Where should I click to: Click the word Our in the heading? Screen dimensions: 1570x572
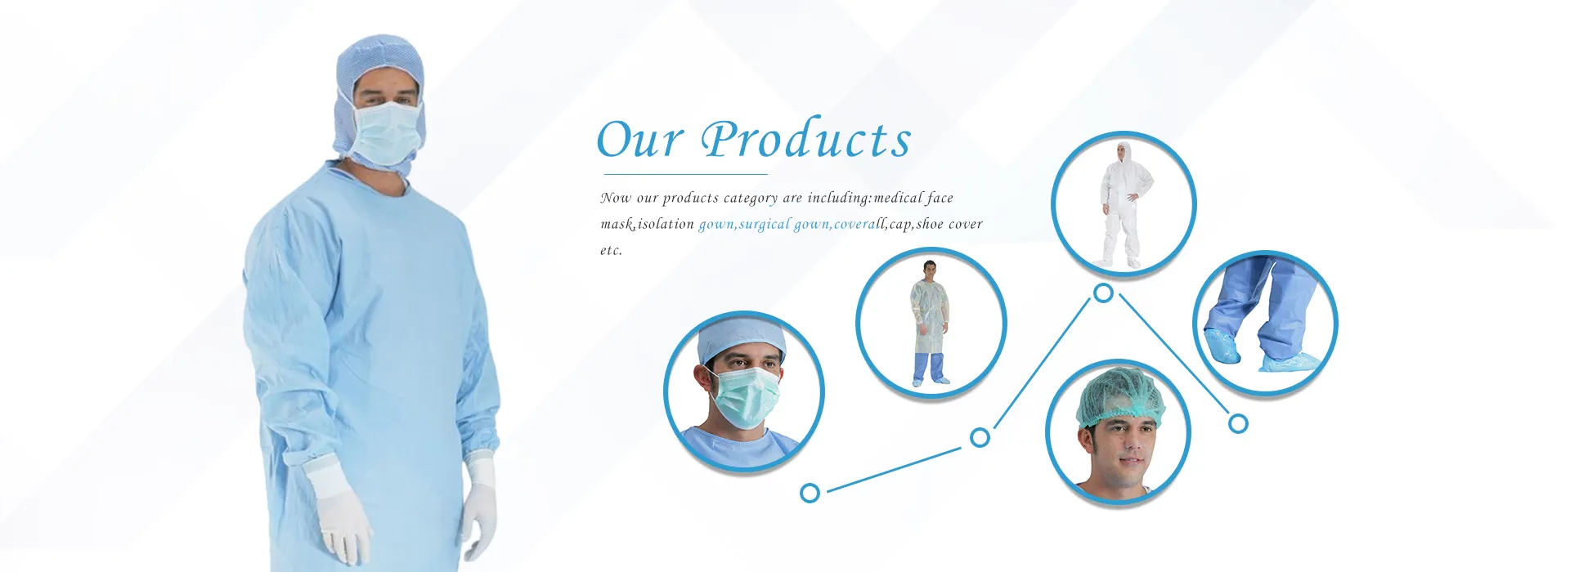coord(639,139)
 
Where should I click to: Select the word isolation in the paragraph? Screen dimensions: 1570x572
coord(666,224)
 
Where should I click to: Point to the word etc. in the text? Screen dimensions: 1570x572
coord(611,250)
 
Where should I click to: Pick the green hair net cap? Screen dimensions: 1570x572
coord(1119,397)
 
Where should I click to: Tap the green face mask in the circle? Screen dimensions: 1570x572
coord(742,396)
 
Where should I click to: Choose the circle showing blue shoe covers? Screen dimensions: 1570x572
coord(1265,324)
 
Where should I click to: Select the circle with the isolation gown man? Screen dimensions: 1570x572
coord(931,323)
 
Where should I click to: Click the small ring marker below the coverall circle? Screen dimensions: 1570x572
coord(1103,293)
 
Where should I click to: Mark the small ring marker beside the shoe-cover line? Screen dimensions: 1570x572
coord(1238,423)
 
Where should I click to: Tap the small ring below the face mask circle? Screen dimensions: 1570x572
coord(810,493)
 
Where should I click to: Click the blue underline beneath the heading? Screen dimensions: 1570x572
coord(685,174)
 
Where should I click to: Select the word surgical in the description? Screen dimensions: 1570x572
coord(765,224)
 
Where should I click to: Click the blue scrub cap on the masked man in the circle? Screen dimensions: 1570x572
coord(741,338)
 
